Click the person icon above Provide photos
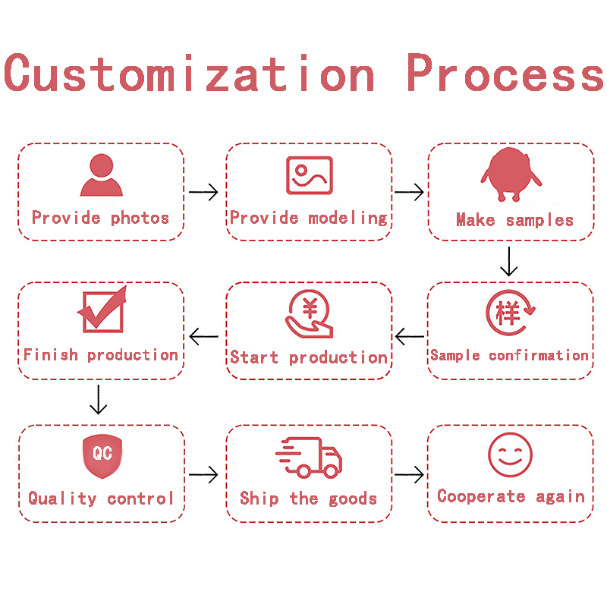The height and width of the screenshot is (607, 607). click(x=102, y=176)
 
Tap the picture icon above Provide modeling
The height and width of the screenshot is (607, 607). click(x=309, y=175)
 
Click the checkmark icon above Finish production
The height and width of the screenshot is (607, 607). click(x=102, y=311)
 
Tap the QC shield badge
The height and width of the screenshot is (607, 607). click(x=102, y=455)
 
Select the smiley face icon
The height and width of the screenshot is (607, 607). click(x=510, y=454)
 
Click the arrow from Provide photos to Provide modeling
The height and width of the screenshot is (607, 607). click(x=203, y=192)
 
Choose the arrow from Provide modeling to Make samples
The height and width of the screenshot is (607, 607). click(x=410, y=192)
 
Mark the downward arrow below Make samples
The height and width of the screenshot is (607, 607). click(x=509, y=261)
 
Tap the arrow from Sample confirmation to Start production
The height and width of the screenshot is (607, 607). click(x=410, y=335)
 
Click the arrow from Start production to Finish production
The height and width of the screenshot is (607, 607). click(x=203, y=335)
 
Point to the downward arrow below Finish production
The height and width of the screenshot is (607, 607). click(x=98, y=399)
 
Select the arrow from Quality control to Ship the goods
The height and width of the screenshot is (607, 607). click(x=203, y=475)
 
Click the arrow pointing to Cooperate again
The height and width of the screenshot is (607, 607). click(x=410, y=475)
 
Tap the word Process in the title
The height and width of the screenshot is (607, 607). click(x=505, y=74)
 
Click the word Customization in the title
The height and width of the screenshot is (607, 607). click(x=190, y=74)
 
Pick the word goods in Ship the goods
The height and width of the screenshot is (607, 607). click(x=353, y=498)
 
